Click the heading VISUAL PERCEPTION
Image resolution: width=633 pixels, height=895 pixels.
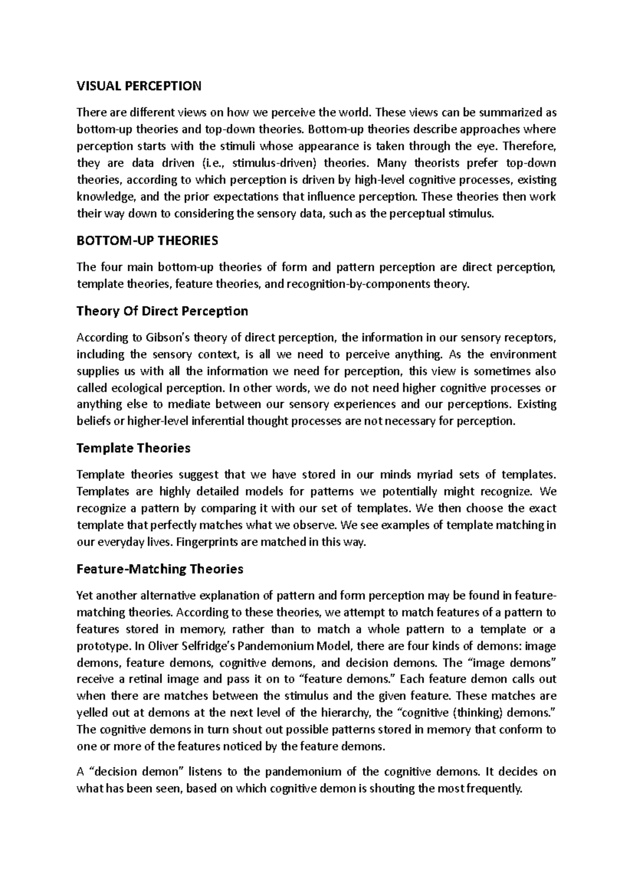(x=139, y=86)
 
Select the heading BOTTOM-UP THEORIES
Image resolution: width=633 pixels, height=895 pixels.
(x=147, y=241)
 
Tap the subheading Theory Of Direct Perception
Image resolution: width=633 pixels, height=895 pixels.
(x=162, y=311)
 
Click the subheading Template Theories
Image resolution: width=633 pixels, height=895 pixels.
(x=133, y=448)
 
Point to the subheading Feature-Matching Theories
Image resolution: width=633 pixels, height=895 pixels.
(x=160, y=569)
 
